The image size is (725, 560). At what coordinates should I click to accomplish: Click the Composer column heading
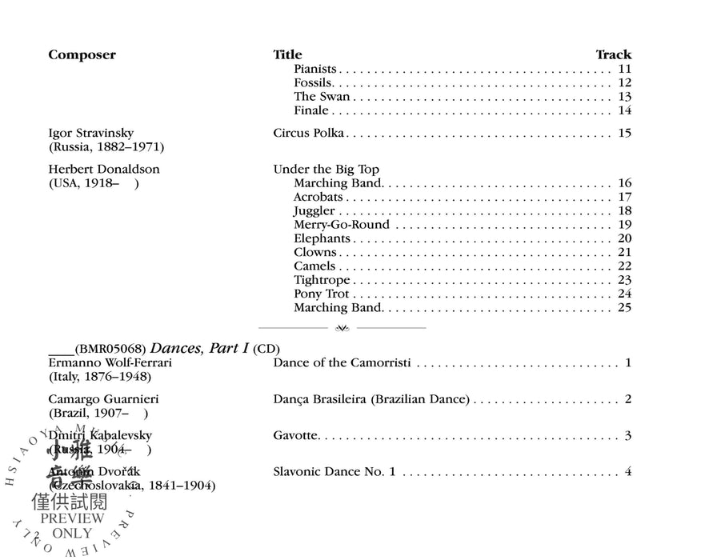click(x=82, y=55)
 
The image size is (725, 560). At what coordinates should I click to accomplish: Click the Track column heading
click(x=613, y=55)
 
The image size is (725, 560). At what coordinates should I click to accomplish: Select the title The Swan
click(x=322, y=97)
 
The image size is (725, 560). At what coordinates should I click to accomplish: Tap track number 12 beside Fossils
click(x=625, y=83)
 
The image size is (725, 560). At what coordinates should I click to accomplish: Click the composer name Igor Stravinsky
click(x=90, y=133)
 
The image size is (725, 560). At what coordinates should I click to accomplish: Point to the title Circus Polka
click(x=309, y=133)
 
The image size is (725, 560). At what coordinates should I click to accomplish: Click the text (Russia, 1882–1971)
click(x=106, y=147)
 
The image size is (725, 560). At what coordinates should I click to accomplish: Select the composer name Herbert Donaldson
click(x=104, y=170)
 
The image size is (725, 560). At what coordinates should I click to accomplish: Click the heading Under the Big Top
click(x=326, y=170)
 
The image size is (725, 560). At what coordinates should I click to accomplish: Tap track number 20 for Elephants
click(x=625, y=238)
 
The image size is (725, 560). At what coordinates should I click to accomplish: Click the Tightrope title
click(x=322, y=280)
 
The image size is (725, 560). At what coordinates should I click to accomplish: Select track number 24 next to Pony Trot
click(x=625, y=294)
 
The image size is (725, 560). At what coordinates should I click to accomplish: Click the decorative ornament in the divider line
click(x=342, y=328)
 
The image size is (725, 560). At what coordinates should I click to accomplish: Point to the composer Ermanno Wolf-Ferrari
click(x=110, y=363)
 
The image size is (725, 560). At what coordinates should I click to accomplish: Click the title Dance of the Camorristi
click(x=342, y=363)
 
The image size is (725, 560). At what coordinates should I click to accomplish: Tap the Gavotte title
click(x=296, y=436)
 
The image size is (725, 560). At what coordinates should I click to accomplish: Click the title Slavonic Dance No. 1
click(x=334, y=472)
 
